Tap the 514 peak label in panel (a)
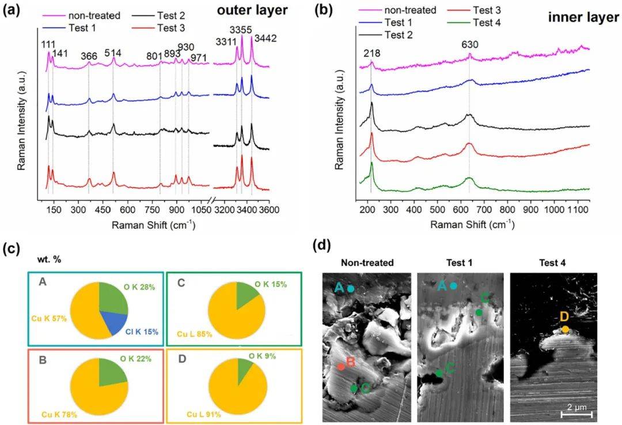tap(113, 53)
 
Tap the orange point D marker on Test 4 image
tap(565, 329)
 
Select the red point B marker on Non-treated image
tap(342, 366)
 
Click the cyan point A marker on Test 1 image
tap(454, 285)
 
